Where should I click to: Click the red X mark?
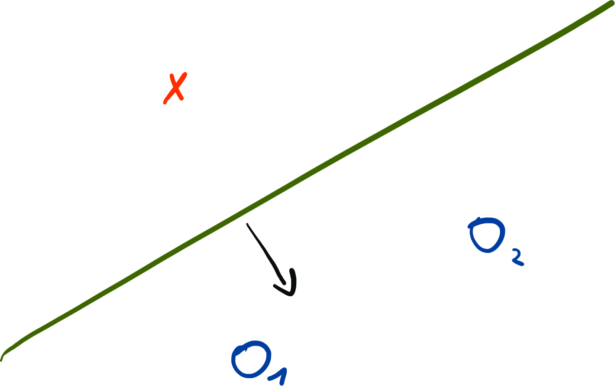point(175,88)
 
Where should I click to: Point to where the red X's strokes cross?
point(175,88)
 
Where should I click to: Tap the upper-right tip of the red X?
point(185,74)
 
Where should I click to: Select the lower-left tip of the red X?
point(165,103)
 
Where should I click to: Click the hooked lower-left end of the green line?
point(2,358)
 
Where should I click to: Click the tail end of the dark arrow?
point(247,224)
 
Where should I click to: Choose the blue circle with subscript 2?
point(487,235)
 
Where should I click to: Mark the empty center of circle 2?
point(487,236)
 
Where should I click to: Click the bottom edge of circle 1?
point(251,376)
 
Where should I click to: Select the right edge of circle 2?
point(504,234)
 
